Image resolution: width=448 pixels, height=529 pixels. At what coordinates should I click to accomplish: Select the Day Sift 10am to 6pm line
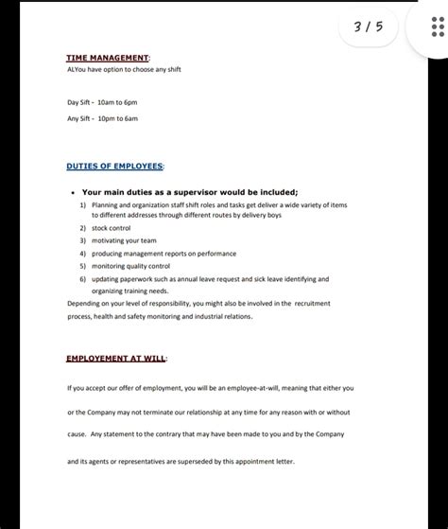tap(102, 101)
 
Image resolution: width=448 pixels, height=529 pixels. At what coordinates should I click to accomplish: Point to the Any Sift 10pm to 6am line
tap(102, 118)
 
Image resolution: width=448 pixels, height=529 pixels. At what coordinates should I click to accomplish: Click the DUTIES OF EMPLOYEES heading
tap(114, 166)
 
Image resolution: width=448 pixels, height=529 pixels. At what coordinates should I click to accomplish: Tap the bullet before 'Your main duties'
tap(74, 191)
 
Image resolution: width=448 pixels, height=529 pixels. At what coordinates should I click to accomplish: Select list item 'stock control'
tap(111, 228)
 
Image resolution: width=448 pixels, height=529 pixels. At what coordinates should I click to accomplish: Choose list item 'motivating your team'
tap(123, 240)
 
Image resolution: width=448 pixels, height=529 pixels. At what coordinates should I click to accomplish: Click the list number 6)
tap(83, 279)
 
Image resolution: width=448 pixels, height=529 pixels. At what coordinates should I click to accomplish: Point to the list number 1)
tap(83, 203)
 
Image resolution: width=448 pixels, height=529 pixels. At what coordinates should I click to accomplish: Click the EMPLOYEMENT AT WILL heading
tap(115, 360)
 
